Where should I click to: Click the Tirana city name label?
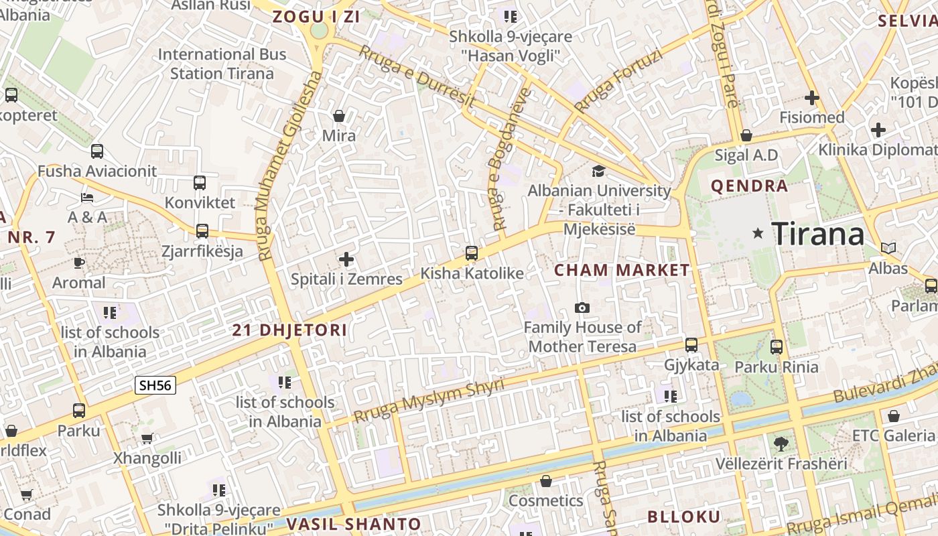818,234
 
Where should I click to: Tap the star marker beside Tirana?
758,233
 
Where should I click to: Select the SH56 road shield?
155,385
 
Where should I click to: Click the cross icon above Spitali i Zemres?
346,259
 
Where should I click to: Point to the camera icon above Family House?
582,308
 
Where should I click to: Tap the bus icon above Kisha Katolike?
472,253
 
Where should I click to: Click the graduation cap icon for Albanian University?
598,172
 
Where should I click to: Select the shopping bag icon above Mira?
339,116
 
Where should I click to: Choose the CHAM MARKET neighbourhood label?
622,270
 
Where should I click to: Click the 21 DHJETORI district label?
290,330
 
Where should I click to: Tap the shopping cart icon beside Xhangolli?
147,438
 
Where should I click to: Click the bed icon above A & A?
87,197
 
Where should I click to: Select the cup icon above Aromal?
79,262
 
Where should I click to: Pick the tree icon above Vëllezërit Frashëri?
781,443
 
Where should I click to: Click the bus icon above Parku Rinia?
777,346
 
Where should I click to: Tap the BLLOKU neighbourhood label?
683,517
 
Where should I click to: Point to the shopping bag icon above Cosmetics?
546,481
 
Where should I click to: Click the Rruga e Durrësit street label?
417,77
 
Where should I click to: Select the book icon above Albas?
888,249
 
